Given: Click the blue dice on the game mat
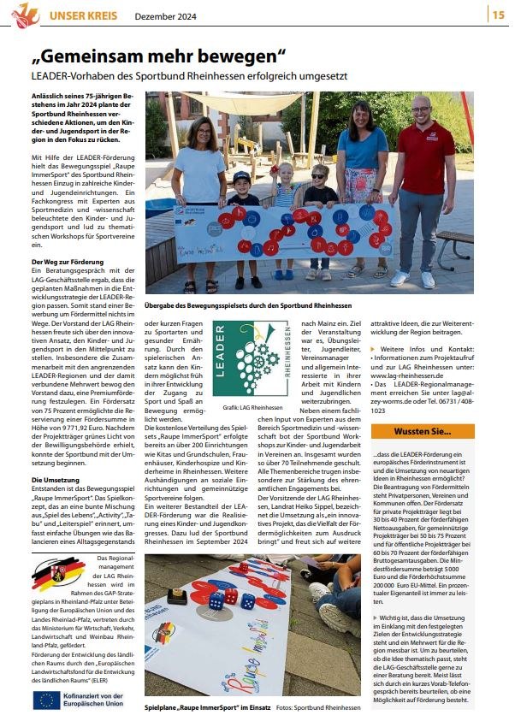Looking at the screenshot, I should coord(225,600).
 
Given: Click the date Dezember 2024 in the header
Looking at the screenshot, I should coord(164,15).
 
